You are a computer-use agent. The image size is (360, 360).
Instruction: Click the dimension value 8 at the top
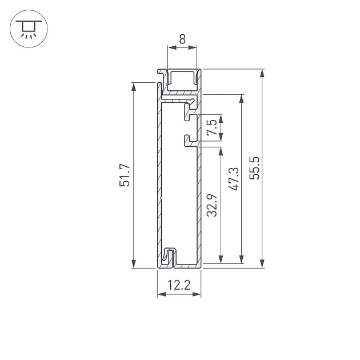182,40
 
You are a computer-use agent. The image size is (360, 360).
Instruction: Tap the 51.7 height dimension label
125,175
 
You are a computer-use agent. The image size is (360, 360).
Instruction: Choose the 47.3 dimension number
233,179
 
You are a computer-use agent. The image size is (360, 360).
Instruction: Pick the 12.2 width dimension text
179,285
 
